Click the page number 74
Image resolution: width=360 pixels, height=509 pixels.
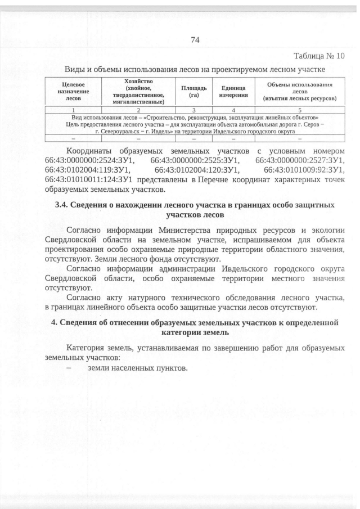click(195, 39)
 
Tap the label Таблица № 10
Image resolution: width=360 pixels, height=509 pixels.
click(319, 56)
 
